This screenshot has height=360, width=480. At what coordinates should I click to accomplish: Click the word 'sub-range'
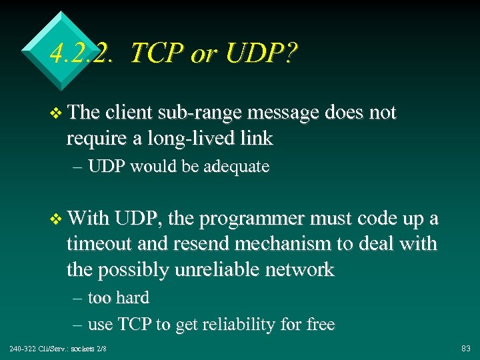tap(200, 113)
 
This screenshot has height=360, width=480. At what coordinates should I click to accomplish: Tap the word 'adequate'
tap(237, 167)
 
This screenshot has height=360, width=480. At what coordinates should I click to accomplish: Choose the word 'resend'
tap(200, 244)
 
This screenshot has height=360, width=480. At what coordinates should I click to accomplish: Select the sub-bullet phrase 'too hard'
tap(118, 297)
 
